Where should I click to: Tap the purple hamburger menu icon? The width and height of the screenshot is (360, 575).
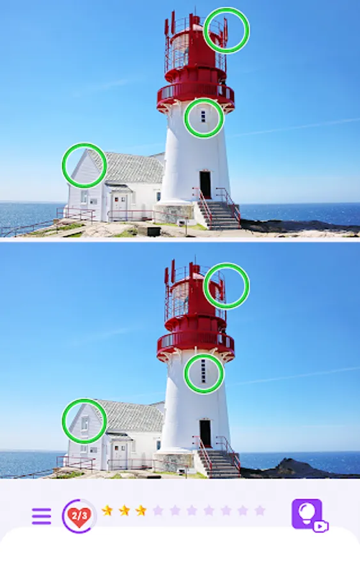[x=41, y=516]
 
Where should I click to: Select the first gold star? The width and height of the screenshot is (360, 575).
[x=107, y=510]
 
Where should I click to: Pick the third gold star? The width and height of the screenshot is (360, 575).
[x=141, y=510]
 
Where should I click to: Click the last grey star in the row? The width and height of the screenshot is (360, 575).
[x=260, y=510]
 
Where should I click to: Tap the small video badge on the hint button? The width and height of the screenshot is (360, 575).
[x=320, y=526]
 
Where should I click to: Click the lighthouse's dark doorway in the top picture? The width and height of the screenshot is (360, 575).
[x=205, y=185]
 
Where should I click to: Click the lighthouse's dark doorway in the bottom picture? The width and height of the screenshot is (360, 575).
[x=205, y=433]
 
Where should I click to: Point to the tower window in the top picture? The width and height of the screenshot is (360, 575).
[x=203, y=116]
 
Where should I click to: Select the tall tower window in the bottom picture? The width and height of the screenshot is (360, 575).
[x=203, y=371]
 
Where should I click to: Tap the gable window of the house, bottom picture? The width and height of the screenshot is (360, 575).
[x=85, y=424]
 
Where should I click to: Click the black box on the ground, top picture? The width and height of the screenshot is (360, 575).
[x=153, y=231]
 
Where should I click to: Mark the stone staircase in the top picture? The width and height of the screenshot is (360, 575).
[x=218, y=215]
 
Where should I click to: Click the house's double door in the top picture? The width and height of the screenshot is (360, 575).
[x=120, y=207]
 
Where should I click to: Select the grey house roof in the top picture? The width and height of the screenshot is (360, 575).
[x=129, y=167]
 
